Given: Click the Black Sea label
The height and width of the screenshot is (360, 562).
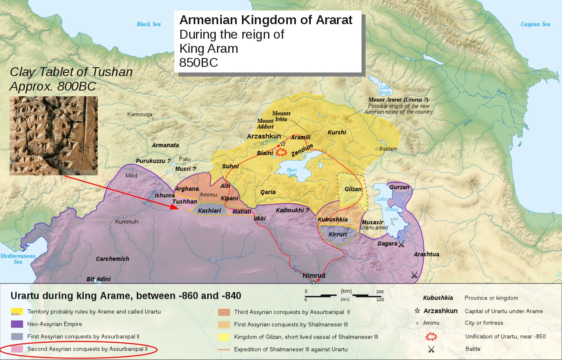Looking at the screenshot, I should coord(149,24).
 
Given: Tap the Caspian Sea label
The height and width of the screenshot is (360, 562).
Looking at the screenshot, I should coord(535,24).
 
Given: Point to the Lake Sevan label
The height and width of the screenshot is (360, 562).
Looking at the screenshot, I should coord(384,89).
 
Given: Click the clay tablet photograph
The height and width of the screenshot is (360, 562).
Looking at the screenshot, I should coord(54,135).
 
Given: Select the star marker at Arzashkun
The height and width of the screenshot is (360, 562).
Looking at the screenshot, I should coord(283,143).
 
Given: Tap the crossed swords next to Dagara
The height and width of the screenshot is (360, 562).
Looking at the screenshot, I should coord(401,244).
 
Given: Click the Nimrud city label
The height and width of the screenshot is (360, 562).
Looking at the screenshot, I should coord(314,276).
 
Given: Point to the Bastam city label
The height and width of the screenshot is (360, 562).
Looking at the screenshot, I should coord(388,149).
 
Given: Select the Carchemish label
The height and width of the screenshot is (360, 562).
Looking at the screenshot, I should coord(112,259).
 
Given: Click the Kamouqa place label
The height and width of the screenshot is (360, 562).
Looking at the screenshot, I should coord(140,114).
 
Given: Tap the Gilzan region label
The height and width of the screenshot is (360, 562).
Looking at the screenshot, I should coord(353,189).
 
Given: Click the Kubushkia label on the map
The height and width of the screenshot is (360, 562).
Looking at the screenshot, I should coord(333,219).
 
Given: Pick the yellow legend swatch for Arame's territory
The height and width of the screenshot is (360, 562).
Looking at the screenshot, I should coord(17,312).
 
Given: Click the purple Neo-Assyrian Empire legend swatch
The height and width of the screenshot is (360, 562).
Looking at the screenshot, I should coord(17,324).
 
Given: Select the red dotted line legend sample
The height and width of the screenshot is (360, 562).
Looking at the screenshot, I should coord(223,349).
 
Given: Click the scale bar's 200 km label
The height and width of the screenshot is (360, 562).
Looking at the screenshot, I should coord(380,292).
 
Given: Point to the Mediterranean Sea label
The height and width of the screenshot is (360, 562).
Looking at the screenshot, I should coord(18,259).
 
